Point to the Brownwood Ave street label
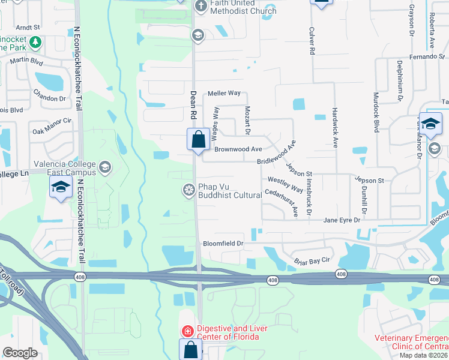(238, 149)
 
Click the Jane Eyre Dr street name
(342, 220)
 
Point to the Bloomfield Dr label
(223, 244)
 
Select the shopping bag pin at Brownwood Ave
(197, 140)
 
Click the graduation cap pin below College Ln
(59, 188)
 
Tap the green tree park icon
(35, 43)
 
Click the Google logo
(20, 353)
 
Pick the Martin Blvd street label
(26, 60)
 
